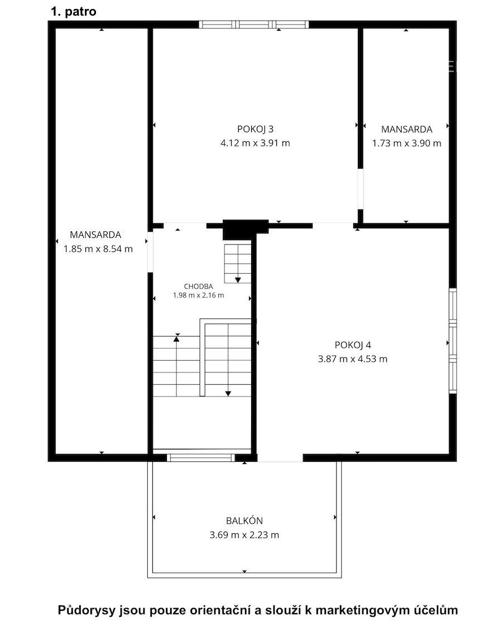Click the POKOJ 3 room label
(x=255, y=129)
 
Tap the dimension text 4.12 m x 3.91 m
(x=255, y=143)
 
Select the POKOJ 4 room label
(x=353, y=345)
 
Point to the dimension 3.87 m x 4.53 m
(x=353, y=358)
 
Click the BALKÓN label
(x=244, y=521)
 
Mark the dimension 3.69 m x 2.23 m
(x=244, y=534)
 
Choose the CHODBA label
(x=198, y=286)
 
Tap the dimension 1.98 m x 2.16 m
(x=198, y=295)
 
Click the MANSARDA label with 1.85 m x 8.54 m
(x=95, y=235)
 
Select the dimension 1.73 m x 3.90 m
(x=407, y=143)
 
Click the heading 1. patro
(x=73, y=11)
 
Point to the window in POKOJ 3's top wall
(x=254, y=25)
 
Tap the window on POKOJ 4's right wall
(x=453, y=341)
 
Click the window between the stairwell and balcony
(x=201, y=457)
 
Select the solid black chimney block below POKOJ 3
(x=246, y=229)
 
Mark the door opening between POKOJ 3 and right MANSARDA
(x=360, y=189)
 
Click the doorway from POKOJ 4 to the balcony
(x=280, y=458)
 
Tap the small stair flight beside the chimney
(x=238, y=263)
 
